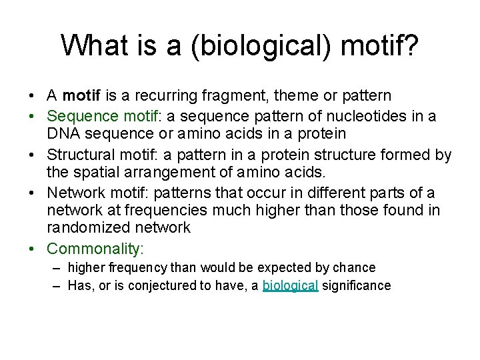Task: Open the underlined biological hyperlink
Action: pos(291,286)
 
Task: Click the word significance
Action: pos(357,286)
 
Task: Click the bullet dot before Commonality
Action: pos(33,249)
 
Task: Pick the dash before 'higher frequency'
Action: pos(59,267)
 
